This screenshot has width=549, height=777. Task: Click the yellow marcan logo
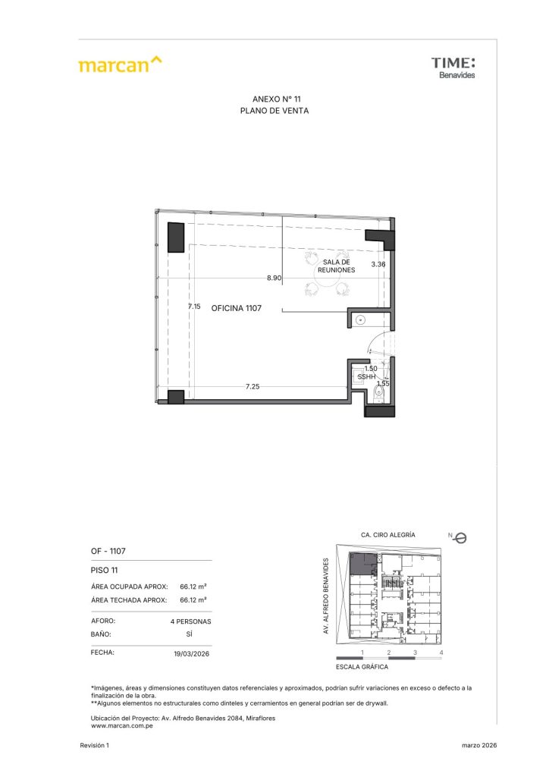[120, 64]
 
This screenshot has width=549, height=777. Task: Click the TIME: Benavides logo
[453, 68]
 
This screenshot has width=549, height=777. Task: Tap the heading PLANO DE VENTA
[274, 111]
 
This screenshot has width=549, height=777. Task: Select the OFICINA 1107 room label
[236, 308]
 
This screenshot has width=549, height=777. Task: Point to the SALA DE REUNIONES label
[336, 266]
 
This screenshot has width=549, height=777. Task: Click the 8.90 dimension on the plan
[274, 278]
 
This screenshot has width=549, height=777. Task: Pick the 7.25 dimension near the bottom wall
[253, 386]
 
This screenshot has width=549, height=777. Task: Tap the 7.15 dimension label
[194, 307]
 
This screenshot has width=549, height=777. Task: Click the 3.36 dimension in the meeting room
[378, 264]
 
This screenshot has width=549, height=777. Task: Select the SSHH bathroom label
[366, 377]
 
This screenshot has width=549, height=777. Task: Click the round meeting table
[328, 274]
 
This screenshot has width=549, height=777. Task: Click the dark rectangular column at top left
[176, 238]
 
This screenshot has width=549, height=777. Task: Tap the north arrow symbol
[460, 538]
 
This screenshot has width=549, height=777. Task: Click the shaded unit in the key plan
[362, 564]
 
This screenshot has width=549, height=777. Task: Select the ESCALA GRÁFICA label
[362, 667]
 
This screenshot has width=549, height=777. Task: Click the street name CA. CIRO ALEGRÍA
[388, 535]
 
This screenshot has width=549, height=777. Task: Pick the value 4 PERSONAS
[190, 621]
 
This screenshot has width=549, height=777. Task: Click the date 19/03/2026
[192, 653]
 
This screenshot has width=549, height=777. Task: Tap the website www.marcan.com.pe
[122, 726]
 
